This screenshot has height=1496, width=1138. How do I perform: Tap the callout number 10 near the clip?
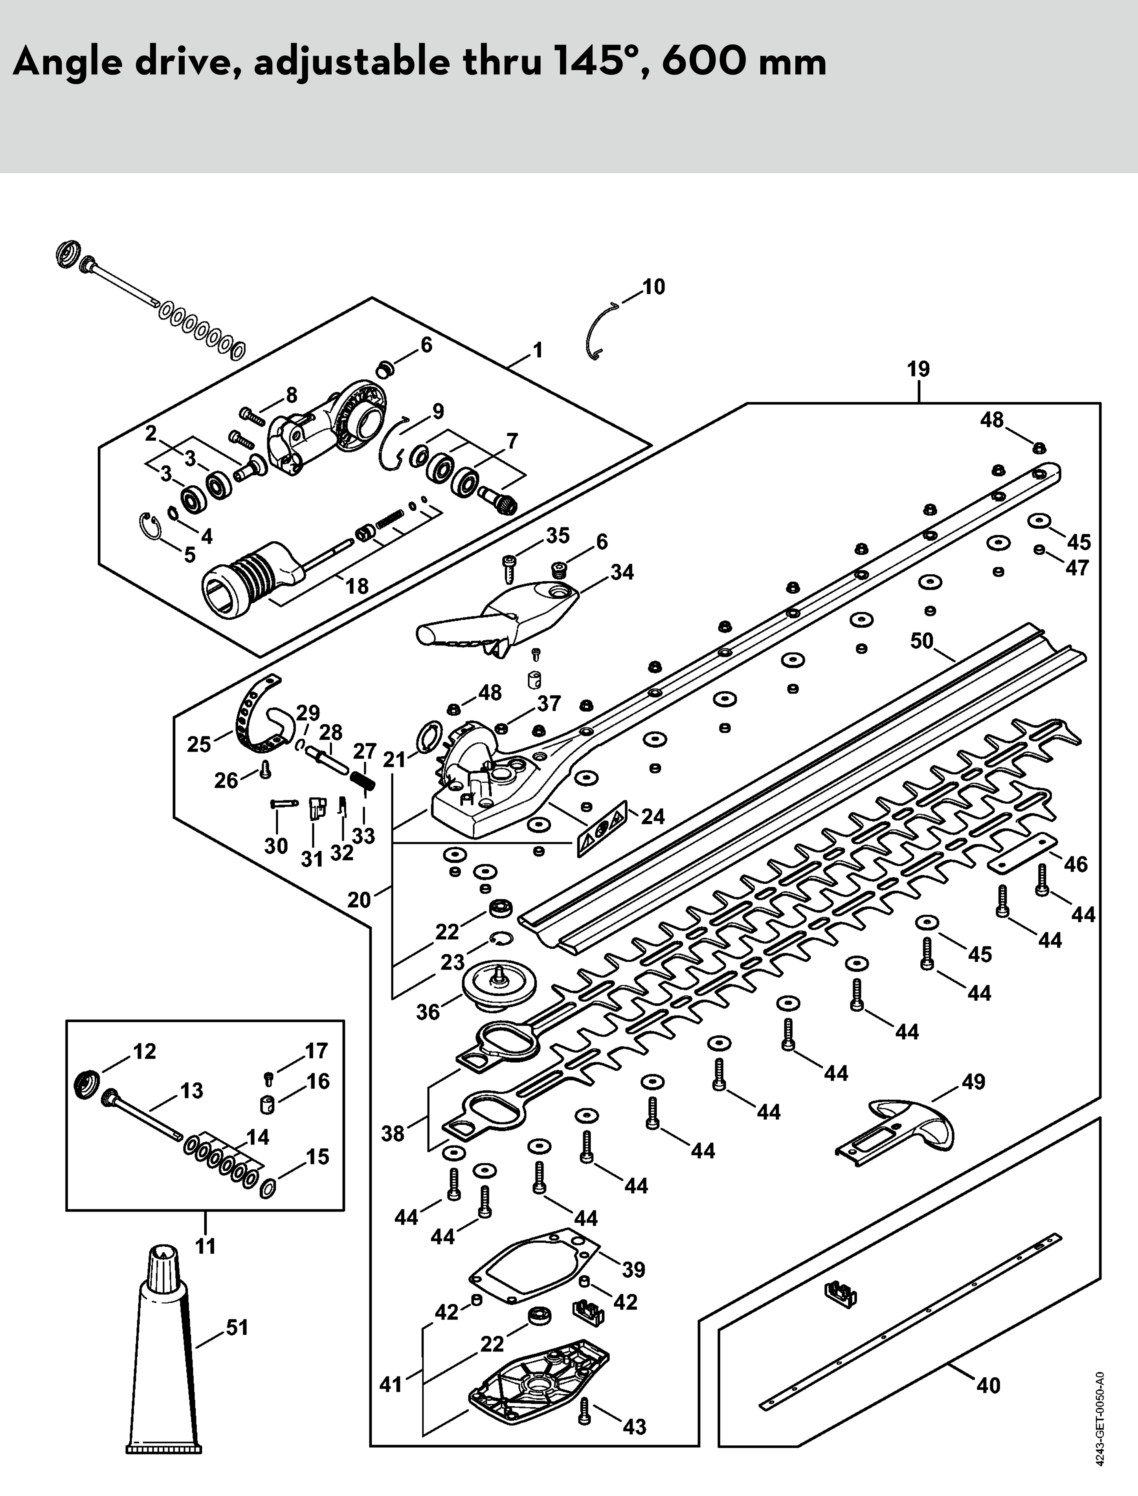coord(653,287)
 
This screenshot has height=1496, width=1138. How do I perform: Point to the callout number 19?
coord(918,369)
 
